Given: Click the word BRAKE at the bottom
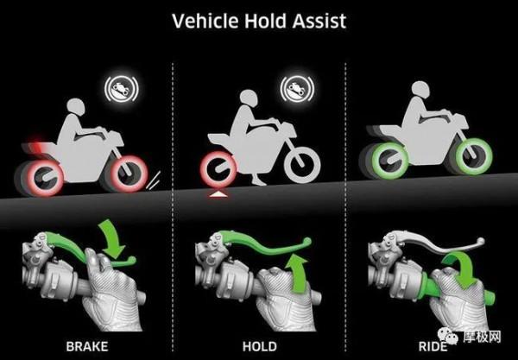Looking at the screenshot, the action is coord(87,346).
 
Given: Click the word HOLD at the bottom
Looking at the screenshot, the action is coord(260,346).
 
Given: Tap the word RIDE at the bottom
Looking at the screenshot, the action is coord(433,346).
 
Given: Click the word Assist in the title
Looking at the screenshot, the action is coord(319,21).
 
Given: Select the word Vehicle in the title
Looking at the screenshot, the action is coord(205,21).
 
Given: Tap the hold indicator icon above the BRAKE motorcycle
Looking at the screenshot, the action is coord(121,89).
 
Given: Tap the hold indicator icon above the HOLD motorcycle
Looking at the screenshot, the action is coord(297,89).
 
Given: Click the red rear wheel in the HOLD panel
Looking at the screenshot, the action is coord(218,168).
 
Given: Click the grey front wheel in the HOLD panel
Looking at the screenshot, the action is coord(302,165).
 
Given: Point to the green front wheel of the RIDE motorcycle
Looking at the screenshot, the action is coord(473,156).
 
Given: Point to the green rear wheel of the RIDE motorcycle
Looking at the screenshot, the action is coord(390,161).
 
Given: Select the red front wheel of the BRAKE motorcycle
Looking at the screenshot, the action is coord(128,174).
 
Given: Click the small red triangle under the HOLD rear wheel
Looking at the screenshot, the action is coord(218,194).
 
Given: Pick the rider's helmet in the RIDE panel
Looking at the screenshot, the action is coord(420,90).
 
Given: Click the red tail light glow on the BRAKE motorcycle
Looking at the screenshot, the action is coord(37,142).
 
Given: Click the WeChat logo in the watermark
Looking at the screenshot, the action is coord(448,336).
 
